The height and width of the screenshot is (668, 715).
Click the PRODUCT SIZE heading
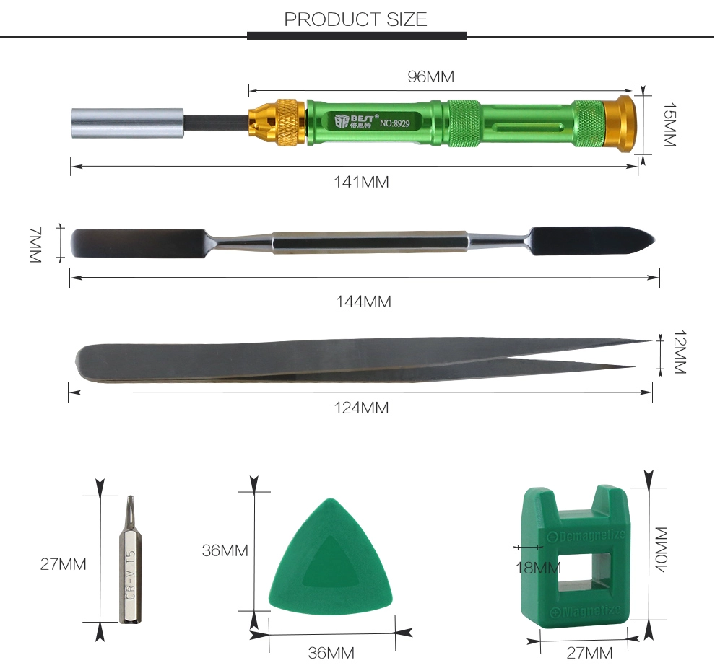tap(355, 19)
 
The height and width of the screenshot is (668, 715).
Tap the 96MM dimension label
tap(431, 76)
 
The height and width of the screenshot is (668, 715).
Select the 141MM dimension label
tap(361, 182)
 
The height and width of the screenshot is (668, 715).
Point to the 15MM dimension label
tap(669, 124)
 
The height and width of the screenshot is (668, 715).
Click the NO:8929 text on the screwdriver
tap(395, 123)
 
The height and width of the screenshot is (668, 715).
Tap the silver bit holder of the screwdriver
tap(128, 123)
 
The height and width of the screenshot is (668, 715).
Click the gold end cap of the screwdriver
tap(620, 124)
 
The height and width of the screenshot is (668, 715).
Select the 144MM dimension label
tap(363, 302)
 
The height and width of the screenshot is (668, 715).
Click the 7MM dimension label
tap(35, 245)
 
